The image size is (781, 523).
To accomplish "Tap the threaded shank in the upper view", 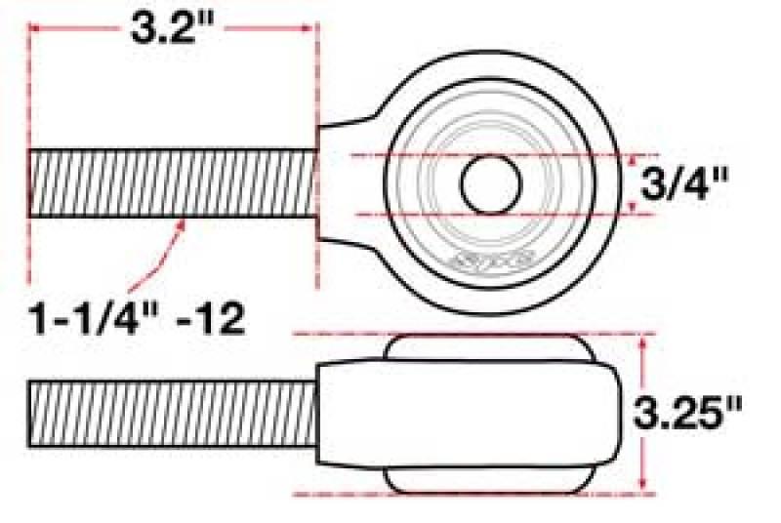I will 173,183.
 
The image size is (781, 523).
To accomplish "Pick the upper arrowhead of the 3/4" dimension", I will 637,160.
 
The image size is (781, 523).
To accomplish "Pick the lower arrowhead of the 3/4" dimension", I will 637,207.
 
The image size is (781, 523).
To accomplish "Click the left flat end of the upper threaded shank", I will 32,183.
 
